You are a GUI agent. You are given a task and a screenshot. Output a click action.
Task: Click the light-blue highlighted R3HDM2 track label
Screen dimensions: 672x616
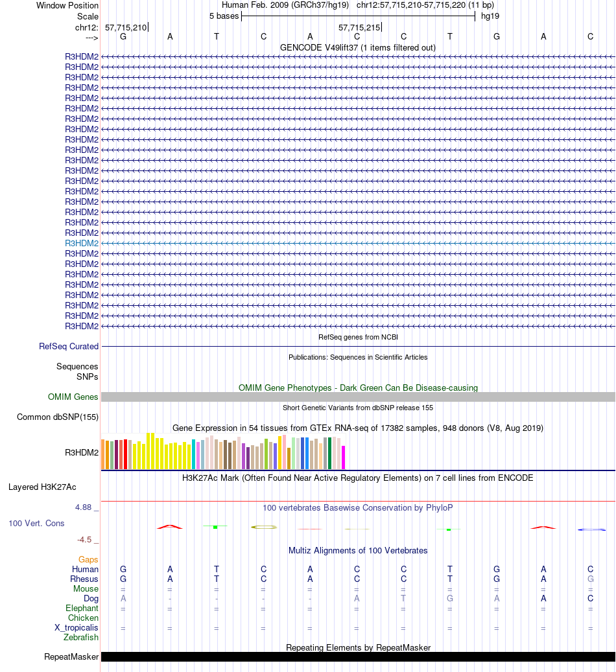pyautogui.click(x=82, y=243)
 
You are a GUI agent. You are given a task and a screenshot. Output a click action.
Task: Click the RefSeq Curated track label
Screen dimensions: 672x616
pyautogui.click(x=69, y=347)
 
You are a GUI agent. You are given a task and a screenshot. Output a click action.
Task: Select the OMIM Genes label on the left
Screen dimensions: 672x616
pyautogui.click(x=73, y=397)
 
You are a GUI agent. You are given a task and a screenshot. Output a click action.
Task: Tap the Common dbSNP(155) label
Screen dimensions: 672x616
pyautogui.click(x=58, y=417)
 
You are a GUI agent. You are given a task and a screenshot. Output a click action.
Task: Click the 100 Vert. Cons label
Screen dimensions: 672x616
pyautogui.click(x=36, y=523)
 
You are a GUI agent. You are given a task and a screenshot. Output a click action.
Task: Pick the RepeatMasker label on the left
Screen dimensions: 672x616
pyautogui.click(x=71, y=657)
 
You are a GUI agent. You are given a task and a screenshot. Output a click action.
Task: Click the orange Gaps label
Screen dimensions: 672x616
pyautogui.click(x=88, y=559)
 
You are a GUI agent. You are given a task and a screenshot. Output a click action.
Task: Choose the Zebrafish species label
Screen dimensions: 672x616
pyautogui.click(x=81, y=638)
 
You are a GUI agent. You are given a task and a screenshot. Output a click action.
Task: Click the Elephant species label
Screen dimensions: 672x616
pyautogui.click(x=82, y=608)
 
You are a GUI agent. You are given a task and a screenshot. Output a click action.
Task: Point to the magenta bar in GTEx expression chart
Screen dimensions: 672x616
pyautogui.click(x=344, y=458)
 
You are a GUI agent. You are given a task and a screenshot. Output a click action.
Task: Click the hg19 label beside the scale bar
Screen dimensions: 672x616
pyautogui.click(x=490, y=16)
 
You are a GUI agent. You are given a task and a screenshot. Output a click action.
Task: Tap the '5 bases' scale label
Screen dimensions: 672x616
pyautogui.click(x=224, y=16)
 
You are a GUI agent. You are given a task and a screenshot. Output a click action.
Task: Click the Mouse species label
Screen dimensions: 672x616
pyautogui.click(x=86, y=589)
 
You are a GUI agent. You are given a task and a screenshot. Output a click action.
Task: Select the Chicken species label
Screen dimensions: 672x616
pyautogui.click(x=83, y=618)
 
